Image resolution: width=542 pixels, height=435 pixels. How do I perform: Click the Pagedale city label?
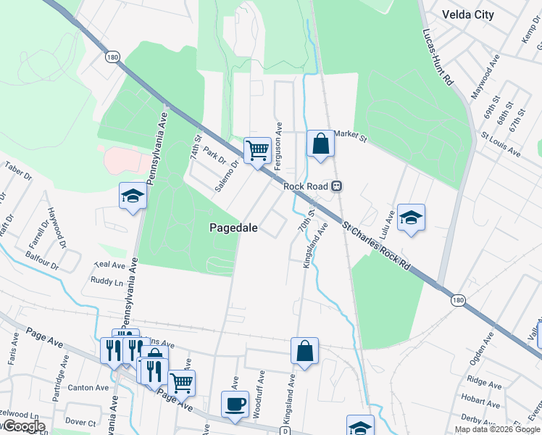pos(234,227)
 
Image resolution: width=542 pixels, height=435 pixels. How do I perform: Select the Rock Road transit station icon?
pos(336,186)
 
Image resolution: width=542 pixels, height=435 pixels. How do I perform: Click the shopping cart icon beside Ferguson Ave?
pos(257,151)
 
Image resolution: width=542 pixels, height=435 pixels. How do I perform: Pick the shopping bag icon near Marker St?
pos(320,144)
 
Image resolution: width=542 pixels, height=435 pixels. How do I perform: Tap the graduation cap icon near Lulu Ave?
pos(411,217)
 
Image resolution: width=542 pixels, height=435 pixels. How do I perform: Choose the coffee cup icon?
pos(235,404)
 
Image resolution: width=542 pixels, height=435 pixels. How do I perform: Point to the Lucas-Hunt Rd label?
pos(438,59)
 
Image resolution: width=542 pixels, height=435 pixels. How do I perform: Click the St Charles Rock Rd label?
pos(377,246)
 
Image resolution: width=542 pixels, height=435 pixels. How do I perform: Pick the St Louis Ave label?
pos(501,144)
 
